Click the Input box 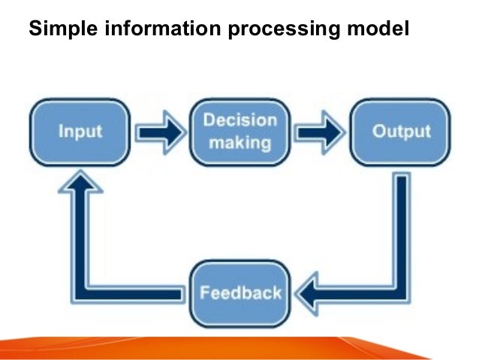[x=80, y=132]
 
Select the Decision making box [x=239, y=132]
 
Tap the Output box [x=402, y=132]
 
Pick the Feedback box [x=240, y=292]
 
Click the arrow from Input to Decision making [x=159, y=133]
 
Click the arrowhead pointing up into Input [x=80, y=184]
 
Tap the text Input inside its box [x=80, y=132]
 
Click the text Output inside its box [x=402, y=132]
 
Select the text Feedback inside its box [x=240, y=292]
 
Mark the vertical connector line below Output [x=402, y=225]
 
